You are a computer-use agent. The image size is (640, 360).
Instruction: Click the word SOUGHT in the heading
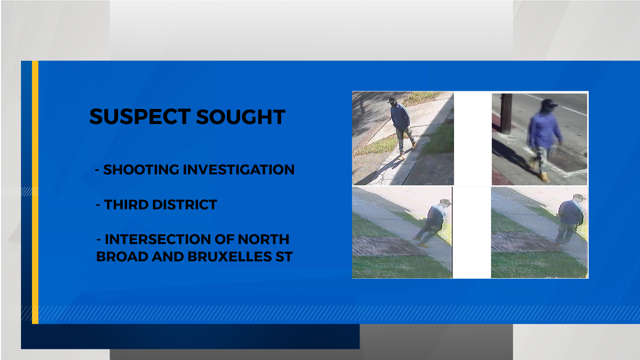(x=241, y=117)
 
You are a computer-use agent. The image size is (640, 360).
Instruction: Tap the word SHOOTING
(x=141, y=170)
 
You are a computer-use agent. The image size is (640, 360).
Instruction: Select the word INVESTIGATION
(x=239, y=170)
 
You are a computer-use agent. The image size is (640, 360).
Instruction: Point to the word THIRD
(x=126, y=205)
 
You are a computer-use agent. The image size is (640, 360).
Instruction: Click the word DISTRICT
(x=185, y=205)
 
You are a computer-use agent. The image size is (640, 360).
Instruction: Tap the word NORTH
(x=263, y=239)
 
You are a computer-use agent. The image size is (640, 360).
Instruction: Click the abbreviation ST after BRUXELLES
(x=284, y=257)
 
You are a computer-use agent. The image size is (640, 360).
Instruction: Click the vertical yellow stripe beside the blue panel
(x=35, y=192)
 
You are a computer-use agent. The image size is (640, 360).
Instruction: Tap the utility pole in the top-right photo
(x=506, y=114)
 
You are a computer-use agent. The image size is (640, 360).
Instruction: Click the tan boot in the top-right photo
(x=545, y=177)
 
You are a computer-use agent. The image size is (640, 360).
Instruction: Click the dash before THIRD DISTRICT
(x=98, y=205)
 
